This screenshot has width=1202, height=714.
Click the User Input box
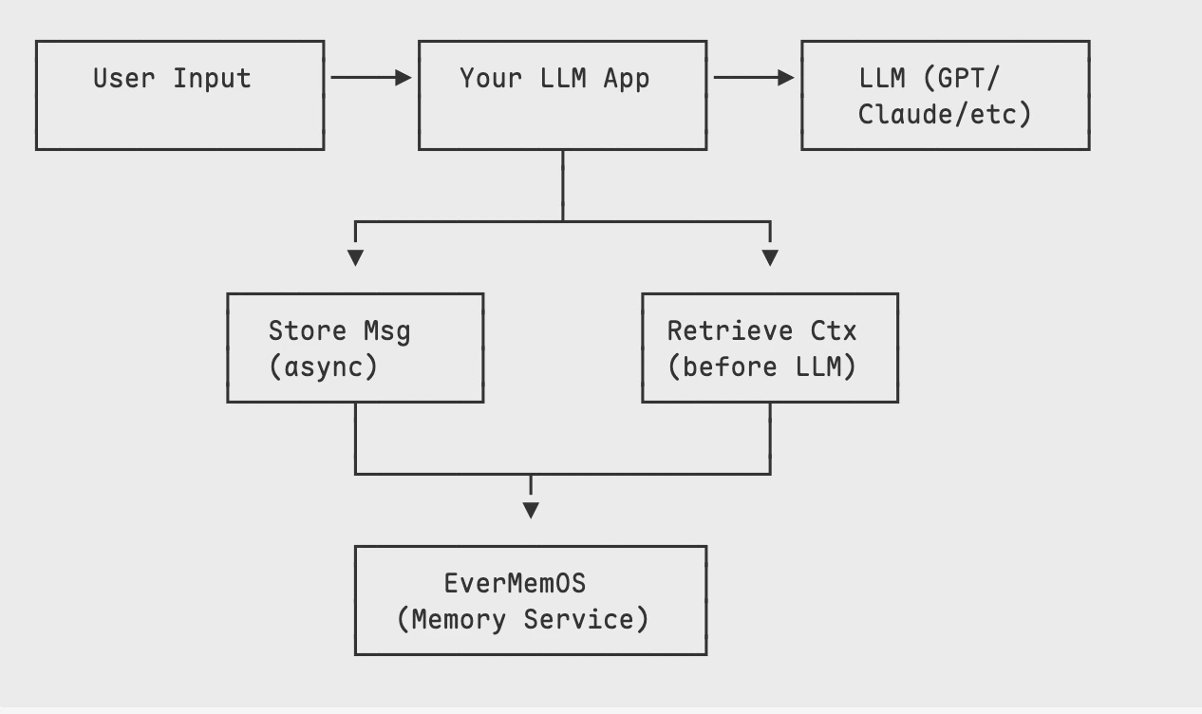(179, 95)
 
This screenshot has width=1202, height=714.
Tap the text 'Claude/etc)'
(944, 114)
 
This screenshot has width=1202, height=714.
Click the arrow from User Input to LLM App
(370, 78)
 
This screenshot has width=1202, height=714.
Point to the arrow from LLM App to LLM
(753, 78)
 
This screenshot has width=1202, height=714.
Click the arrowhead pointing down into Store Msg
(355, 257)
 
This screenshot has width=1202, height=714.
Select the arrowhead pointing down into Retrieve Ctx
(770, 257)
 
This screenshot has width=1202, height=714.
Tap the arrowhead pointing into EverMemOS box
(531, 510)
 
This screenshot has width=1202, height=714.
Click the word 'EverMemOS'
(515, 583)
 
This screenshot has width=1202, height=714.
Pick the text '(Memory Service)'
(523, 619)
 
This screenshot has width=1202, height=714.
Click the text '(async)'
(323, 366)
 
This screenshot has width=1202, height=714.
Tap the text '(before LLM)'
(761, 366)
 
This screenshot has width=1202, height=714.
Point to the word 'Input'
(212, 78)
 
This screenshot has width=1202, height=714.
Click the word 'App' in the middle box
(627, 78)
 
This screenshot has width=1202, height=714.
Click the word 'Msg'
(386, 331)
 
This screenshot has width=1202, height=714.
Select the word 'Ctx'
(833, 330)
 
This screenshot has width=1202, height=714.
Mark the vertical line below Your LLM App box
(563, 185)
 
